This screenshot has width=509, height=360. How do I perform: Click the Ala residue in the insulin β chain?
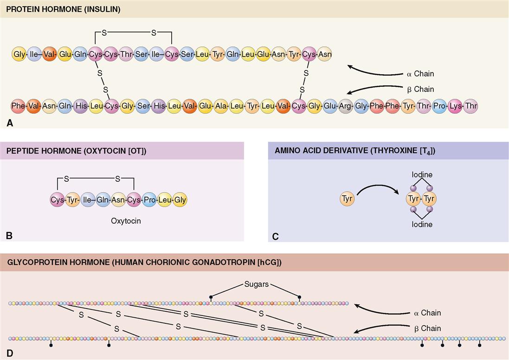(221, 106)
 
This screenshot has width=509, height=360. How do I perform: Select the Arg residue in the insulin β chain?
(345, 106)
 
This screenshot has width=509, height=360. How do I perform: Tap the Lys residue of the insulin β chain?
(455, 106)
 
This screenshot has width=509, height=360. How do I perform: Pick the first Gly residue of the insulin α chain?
(19, 54)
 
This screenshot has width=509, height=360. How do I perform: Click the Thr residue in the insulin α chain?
(126, 54)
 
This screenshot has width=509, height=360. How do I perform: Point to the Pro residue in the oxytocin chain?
(149, 200)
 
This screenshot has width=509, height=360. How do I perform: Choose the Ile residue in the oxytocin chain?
(88, 200)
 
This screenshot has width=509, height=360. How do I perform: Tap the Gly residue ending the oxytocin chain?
(180, 200)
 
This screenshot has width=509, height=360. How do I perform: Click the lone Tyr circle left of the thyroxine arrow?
(347, 199)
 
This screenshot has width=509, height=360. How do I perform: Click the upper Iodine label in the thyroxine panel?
(421, 175)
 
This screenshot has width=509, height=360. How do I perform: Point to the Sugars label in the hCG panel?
(256, 284)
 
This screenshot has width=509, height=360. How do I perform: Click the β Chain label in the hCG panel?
(424, 328)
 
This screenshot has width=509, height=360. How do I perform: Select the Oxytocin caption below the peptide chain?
(126, 221)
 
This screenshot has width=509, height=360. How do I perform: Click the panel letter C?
(275, 236)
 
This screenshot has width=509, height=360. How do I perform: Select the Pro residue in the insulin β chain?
(439, 106)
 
